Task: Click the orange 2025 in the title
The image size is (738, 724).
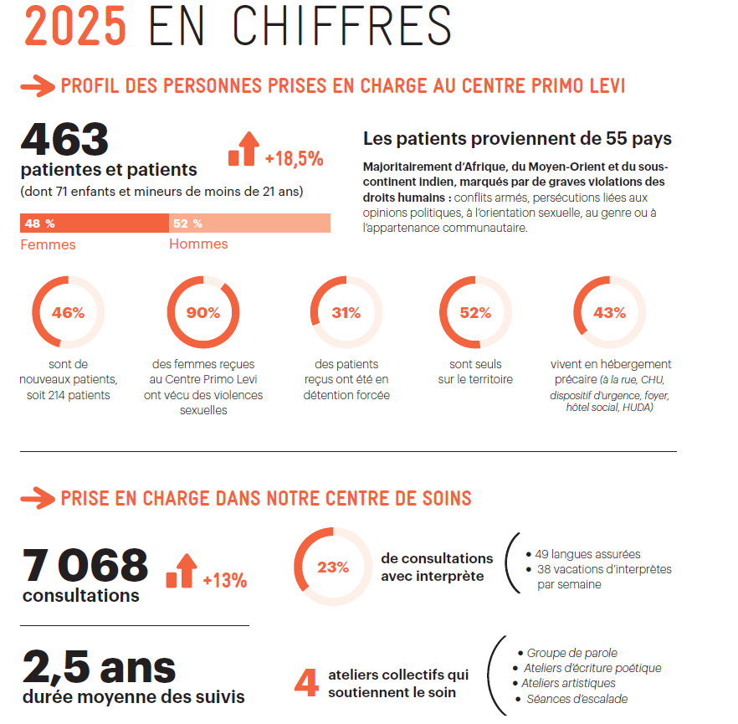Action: click(75, 26)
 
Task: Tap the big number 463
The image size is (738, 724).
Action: click(64, 139)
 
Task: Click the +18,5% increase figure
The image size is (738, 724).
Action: click(295, 159)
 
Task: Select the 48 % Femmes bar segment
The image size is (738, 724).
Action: click(94, 223)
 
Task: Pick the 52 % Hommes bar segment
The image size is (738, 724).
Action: click(249, 223)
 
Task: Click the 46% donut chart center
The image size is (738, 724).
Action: click(69, 312)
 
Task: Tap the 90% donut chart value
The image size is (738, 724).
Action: click(203, 312)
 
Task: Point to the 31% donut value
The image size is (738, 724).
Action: click(346, 312)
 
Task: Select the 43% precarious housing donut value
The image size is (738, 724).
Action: click(609, 312)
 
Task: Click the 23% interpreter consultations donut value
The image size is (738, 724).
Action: click(333, 567)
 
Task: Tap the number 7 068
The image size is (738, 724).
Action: click(85, 565)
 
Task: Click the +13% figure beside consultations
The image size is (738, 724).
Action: click(225, 580)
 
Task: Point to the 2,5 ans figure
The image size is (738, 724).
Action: click(99, 667)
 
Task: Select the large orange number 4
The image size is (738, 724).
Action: click(306, 683)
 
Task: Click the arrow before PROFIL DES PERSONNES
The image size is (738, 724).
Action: click(38, 86)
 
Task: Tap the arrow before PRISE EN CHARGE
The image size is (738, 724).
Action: click(38, 499)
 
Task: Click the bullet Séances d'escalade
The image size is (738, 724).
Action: click(572, 699)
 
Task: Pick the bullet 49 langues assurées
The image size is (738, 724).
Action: click(583, 554)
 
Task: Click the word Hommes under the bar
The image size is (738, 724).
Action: click(198, 244)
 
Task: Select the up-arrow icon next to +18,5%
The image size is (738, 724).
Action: click(243, 149)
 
